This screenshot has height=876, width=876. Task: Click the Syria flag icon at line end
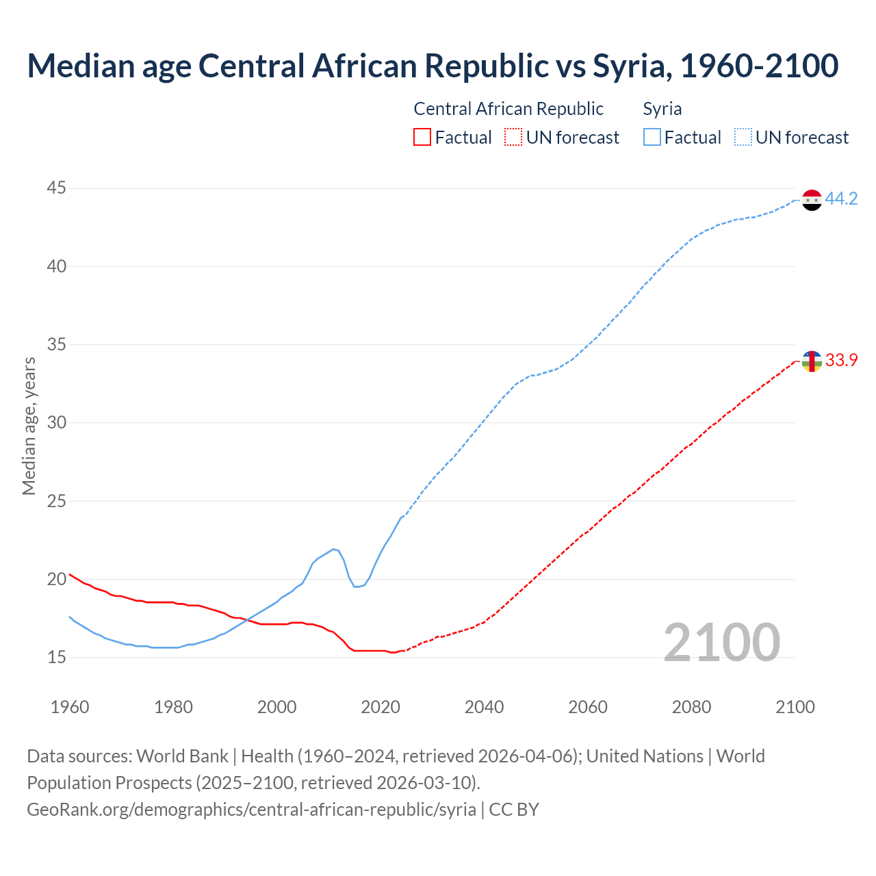coord(812,200)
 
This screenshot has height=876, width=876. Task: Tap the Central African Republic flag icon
coord(812,361)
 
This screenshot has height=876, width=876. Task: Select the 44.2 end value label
coord(841,199)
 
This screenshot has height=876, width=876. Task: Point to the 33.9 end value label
coord(841,361)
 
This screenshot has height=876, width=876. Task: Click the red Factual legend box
coord(422,138)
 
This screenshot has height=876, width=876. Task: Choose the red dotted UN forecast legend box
coord(513,138)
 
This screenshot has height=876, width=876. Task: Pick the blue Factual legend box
coord(652,138)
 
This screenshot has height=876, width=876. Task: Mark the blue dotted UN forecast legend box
coord(743,138)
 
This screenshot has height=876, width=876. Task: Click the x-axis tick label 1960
coord(70,707)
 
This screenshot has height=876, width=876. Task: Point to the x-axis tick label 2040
coord(484,707)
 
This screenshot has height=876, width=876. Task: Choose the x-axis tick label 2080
coord(691,707)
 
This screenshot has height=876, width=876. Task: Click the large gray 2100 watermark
coord(721,643)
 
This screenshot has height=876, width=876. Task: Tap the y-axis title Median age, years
coord(29,426)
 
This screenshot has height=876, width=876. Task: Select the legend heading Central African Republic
coord(508,109)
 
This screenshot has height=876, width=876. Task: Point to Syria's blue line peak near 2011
coord(333,549)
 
